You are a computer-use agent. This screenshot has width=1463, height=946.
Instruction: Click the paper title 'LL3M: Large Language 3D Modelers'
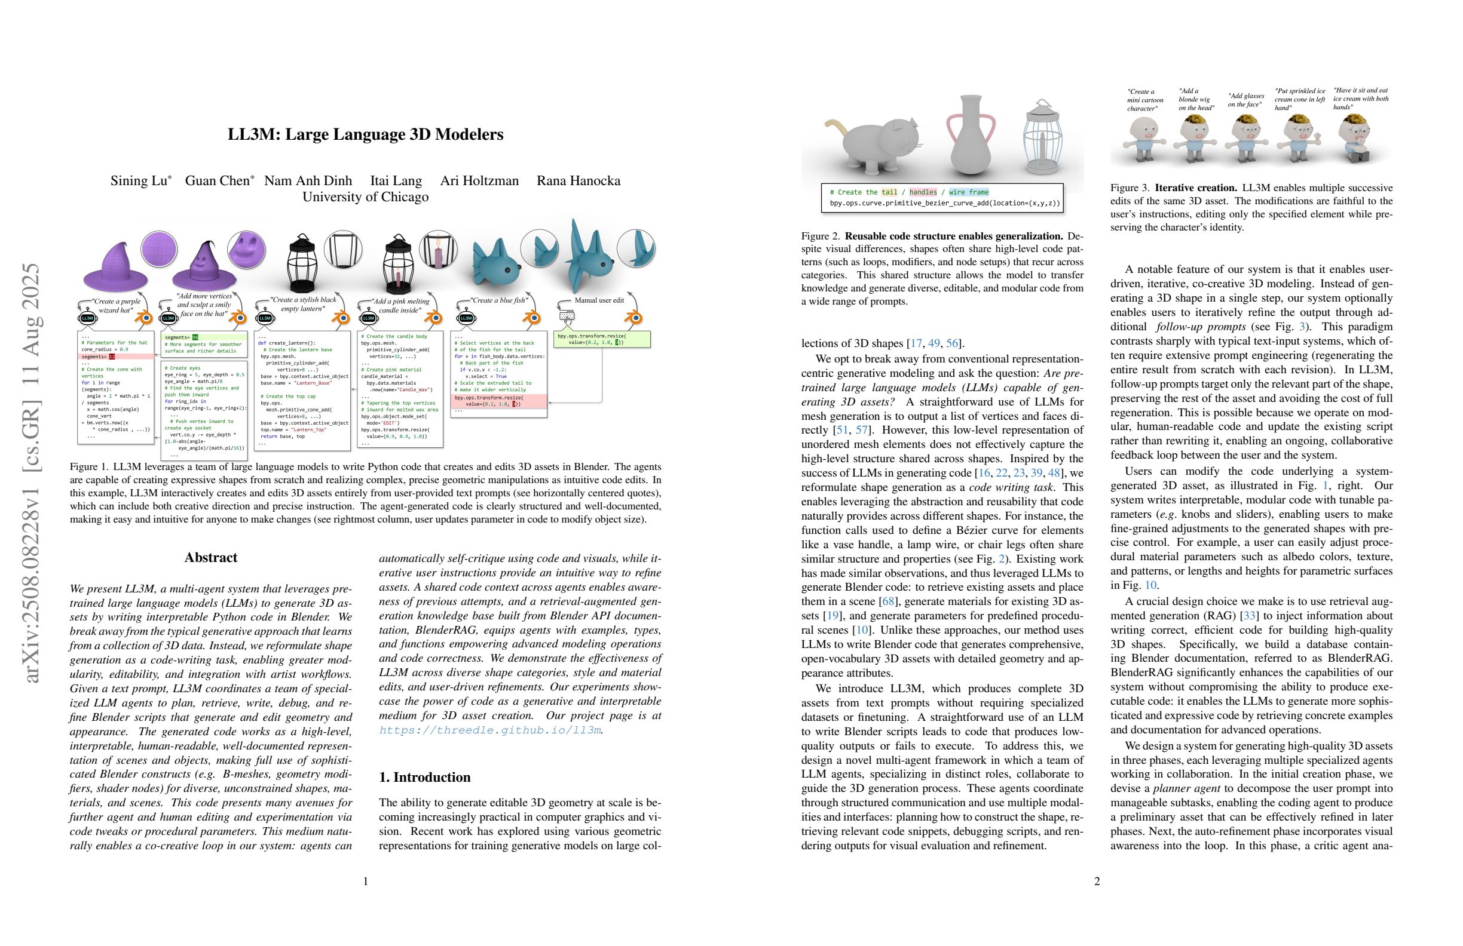coord(365,134)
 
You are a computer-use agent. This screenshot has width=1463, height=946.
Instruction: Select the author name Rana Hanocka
coord(578,180)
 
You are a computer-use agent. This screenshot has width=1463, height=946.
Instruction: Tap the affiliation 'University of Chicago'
coord(365,196)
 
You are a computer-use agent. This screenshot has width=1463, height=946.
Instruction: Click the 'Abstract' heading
coord(211,558)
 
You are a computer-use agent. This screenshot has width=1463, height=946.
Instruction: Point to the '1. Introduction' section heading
coord(425,777)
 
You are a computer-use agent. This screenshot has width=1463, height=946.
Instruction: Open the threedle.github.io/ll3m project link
coord(489,730)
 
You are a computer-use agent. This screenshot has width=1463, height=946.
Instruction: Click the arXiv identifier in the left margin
coord(30,473)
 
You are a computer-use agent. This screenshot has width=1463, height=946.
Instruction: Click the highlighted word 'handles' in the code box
coord(923,192)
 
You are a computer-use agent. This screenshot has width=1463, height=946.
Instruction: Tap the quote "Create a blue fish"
coord(498,300)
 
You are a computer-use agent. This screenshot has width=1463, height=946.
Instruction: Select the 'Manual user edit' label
coord(599,300)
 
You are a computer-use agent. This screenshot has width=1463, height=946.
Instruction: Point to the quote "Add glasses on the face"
coord(1245,100)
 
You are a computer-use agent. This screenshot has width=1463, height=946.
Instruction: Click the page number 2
coord(1097,881)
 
